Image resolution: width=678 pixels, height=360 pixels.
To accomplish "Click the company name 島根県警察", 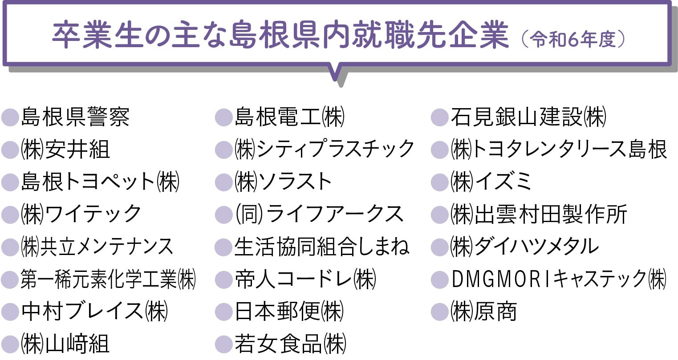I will coord(75,117).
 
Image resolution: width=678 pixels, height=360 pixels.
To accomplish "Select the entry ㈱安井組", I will coord(65,149).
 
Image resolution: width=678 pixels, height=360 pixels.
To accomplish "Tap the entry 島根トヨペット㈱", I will coord(100,182).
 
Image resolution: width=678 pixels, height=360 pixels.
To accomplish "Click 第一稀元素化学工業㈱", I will coord(108,279).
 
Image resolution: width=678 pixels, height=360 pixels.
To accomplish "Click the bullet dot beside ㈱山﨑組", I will coord(9,344).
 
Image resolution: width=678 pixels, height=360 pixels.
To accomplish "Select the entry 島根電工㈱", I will coord(289,117).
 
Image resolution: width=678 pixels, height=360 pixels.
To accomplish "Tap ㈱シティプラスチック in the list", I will coord(324,149).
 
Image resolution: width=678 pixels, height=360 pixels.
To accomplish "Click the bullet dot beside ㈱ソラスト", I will coord(223,182).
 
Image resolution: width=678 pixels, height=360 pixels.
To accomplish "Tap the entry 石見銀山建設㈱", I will coord(528,117).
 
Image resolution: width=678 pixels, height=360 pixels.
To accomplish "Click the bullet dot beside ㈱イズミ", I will coord(440,182).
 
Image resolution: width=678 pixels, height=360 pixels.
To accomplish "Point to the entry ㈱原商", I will coord(483,311).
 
